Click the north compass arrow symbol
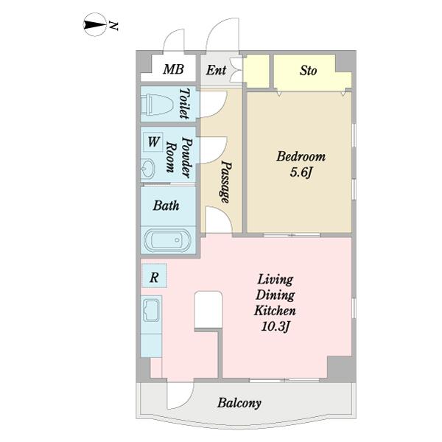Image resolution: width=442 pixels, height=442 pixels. pyautogui.click(x=95, y=25)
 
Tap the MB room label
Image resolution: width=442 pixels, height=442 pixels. pyautogui.click(x=173, y=69)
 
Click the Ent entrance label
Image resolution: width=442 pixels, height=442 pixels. pyautogui.click(x=216, y=70)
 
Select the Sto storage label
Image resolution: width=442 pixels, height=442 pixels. pyautogui.click(x=308, y=71)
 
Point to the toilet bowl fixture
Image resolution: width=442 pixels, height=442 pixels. pyautogui.click(x=157, y=105)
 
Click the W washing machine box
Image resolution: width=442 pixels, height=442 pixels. pyautogui.click(x=152, y=141)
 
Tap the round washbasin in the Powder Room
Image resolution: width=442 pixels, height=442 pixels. pyautogui.click(x=148, y=169)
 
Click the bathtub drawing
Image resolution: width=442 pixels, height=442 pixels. pyautogui.click(x=167, y=240)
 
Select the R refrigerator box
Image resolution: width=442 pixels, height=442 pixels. pyautogui.click(x=154, y=276)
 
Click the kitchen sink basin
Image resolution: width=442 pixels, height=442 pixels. pyautogui.click(x=151, y=310)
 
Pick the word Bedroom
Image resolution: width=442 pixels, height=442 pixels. pyautogui.click(x=301, y=157)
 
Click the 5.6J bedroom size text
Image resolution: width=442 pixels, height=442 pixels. pyautogui.click(x=301, y=172)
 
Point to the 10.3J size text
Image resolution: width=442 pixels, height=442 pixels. pyautogui.click(x=276, y=326)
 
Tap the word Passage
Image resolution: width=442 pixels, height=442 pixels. pyautogui.click(x=225, y=182)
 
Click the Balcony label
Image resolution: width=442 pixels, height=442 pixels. pyautogui.click(x=239, y=403)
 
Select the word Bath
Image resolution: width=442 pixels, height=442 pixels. pyautogui.click(x=166, y=206)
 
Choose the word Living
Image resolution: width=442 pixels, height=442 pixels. pyautogui.click(x=276, y=280)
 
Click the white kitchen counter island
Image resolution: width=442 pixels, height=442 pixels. pyautogui.click(x=208, y=310)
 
